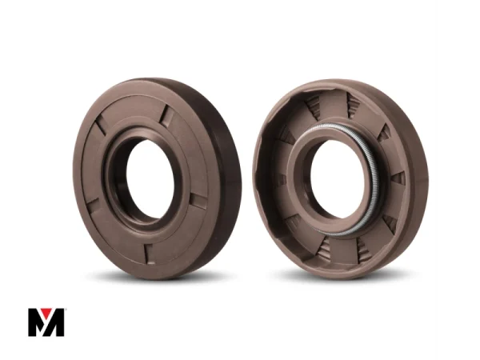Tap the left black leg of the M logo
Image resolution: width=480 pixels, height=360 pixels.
(x=34, y=322)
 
